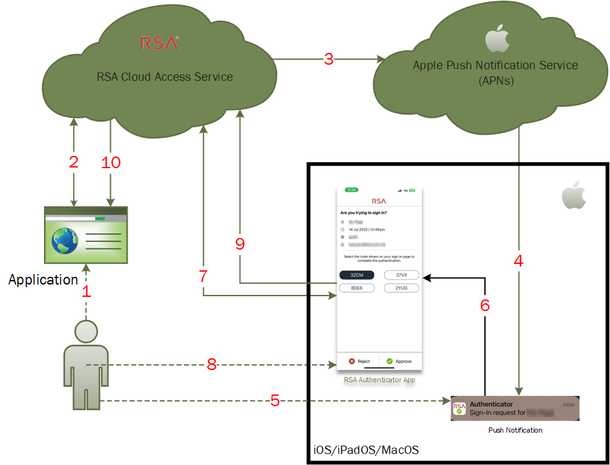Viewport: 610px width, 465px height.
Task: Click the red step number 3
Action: pyautogui.click(x=329, y=59)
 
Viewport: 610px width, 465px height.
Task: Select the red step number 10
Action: pyautogui.click(x=111, y=162)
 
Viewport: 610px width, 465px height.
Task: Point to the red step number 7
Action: pyautogui.click(x=203, y=276)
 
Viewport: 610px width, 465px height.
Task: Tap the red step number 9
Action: pyautogui.click(x=240, y=244)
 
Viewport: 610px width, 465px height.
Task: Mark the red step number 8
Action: pyautogui.click(x=211, y=365)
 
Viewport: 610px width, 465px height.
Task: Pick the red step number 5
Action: pyautogui.click(x=275, y=401)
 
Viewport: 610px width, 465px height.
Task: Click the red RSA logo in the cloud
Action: pyautogui.click(x=159, y=43)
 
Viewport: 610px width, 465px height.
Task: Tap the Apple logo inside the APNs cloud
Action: pyautogui.click(x=495, y=38)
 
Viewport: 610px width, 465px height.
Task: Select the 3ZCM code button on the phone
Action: pyautogui.click(x=356, y=275)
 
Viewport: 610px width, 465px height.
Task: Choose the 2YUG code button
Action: pyautogui.click(x=401, y=288)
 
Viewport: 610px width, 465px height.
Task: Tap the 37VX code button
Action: pyautogui.click(x=401, y=275)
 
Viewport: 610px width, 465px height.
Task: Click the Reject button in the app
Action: pyautogui.click(x=359, y=362)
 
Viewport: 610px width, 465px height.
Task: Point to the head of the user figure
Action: pyautogui.click(x=85, y=332)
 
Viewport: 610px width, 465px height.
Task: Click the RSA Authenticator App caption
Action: pyautogui.click(x=379, y=380)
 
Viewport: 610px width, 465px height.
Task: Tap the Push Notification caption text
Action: pyautogui.click(x=515, y=429)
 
